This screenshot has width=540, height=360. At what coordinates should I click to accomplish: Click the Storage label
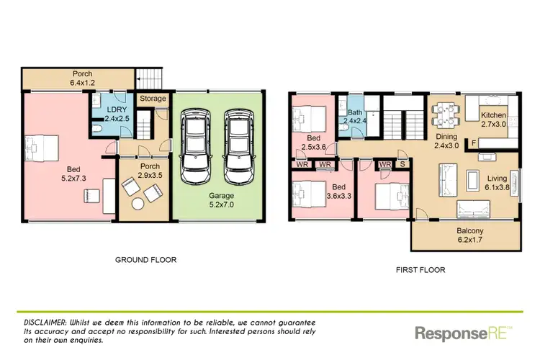153,99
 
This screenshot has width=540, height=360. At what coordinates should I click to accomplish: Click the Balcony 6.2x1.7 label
464,235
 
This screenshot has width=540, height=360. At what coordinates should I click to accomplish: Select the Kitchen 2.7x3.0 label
494,120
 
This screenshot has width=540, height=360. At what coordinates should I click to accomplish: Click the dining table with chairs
444,114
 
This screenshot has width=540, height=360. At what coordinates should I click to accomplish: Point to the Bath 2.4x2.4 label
354,117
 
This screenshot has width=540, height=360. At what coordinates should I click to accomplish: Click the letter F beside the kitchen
472,143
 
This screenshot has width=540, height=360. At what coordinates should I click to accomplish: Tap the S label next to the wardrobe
402,164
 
